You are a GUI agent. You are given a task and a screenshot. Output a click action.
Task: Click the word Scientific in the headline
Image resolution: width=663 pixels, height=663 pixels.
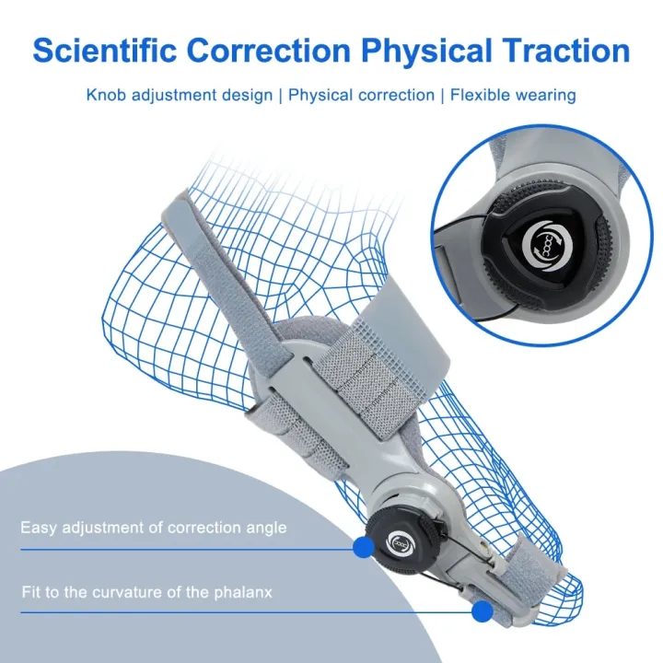pyautogui.click(x=105, y=51)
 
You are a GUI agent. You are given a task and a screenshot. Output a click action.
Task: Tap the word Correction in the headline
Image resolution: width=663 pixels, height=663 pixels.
pyautogui.click(x=269, y=51)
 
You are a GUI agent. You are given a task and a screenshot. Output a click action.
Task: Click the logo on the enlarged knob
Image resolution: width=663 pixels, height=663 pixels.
pyautogui.click(x=547, y=247)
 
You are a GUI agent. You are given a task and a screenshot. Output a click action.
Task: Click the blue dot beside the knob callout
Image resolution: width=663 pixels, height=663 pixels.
pyautogui.click(x=363, y=547)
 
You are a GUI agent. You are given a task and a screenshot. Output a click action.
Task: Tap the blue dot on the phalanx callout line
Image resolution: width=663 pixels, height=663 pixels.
pyautogui.click(x=482, y=611)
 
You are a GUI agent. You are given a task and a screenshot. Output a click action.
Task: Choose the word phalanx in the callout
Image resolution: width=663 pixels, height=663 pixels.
pyautogui.click(x=243, y=592)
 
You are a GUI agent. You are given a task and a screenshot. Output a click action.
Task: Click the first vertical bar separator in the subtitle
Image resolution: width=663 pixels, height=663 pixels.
pyautogui.click(x=280, y=96)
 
